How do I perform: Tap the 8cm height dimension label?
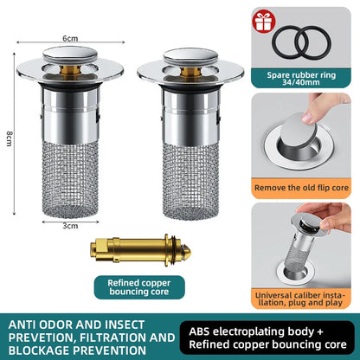click(10, 138)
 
